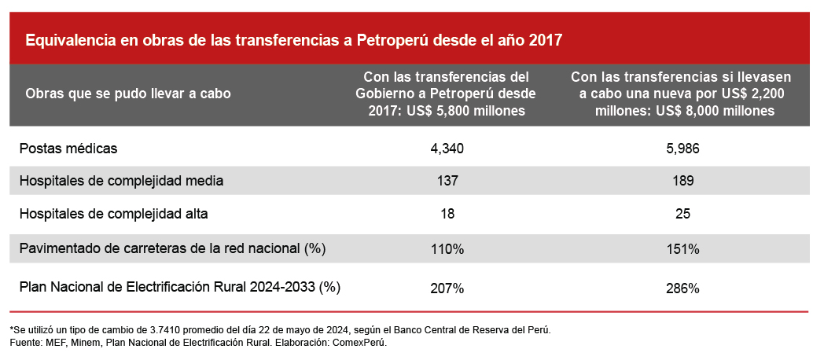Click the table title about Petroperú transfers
pos(294,40)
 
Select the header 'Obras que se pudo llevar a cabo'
pos(128,94)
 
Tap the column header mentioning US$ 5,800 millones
pos(447,94)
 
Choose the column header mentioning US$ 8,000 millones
pos(681,94)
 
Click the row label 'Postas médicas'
pos(68,148)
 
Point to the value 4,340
pos(448,148)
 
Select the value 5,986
pos(682,148)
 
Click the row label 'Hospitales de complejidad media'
pos(121,181)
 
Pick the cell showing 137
pos(448,181)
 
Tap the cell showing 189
pos(682,181)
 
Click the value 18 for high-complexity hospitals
pos(448,214)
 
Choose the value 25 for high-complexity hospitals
pos(682,214)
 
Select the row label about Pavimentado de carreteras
pos(172,248)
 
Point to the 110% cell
pos(448,249)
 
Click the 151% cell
pos(682,249)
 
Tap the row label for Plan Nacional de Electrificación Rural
pos(179,287)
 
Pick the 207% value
pos(448,288)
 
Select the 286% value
pos(682,288)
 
